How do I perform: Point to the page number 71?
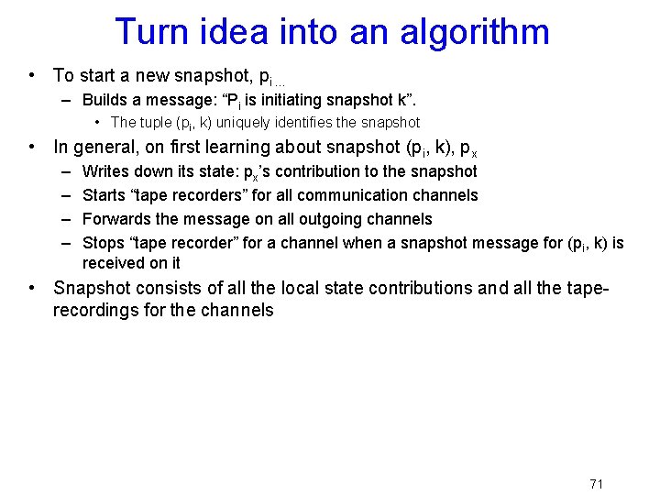(596, 484)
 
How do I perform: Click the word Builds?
(106, 100)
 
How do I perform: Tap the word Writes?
(106, 171)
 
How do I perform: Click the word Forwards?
(116, 219)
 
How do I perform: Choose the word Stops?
(104, 243)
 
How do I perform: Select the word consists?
(160, 288)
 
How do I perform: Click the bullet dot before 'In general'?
(32, 147)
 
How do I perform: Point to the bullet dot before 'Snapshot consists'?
(32, 288)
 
